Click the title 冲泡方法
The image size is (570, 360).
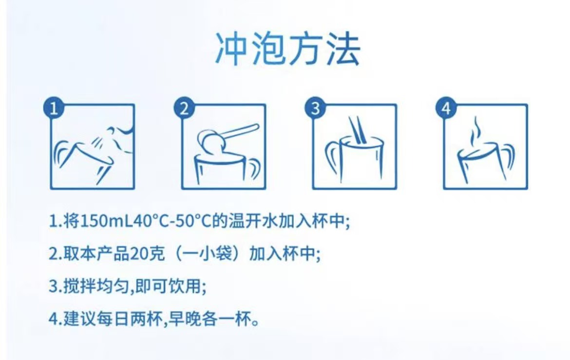coord(288,49)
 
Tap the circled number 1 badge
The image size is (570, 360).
coord(54,108)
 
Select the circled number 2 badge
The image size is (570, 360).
coord(185,108)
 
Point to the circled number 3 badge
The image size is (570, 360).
coord(316,108)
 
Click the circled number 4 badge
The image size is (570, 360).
coord(446,108)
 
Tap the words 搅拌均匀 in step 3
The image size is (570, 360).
coord(96,286)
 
